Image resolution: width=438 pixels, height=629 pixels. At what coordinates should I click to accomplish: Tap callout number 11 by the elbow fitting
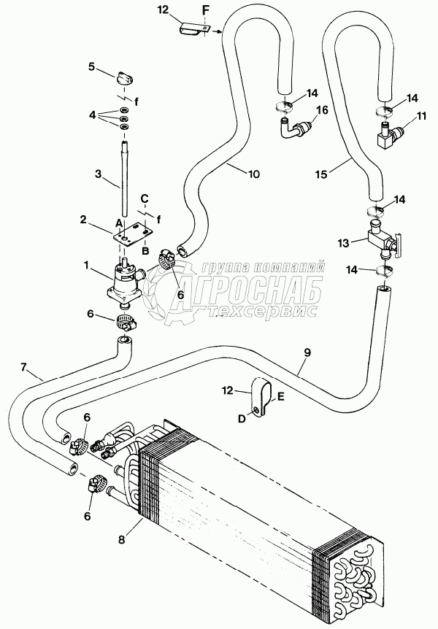[421, 116]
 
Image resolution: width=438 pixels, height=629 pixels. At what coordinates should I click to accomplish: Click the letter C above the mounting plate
[145, 198]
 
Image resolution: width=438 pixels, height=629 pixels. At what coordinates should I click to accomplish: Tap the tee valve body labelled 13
[377, 239]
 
